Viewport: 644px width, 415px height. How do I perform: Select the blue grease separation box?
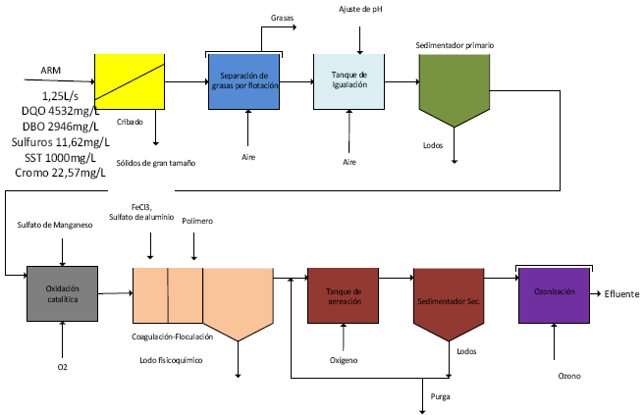(x=244, y=80)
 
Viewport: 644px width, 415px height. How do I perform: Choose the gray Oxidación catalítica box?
(x=62, y=293)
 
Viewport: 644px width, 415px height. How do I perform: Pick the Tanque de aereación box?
(x=343, y=295)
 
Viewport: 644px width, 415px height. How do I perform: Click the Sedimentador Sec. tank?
(x=450, y=298)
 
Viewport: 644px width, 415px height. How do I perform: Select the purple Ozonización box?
(x=554, y=293)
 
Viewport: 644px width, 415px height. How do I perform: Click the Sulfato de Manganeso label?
(x=55, y=226)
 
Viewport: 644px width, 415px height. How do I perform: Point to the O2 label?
(x=62, y=368)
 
